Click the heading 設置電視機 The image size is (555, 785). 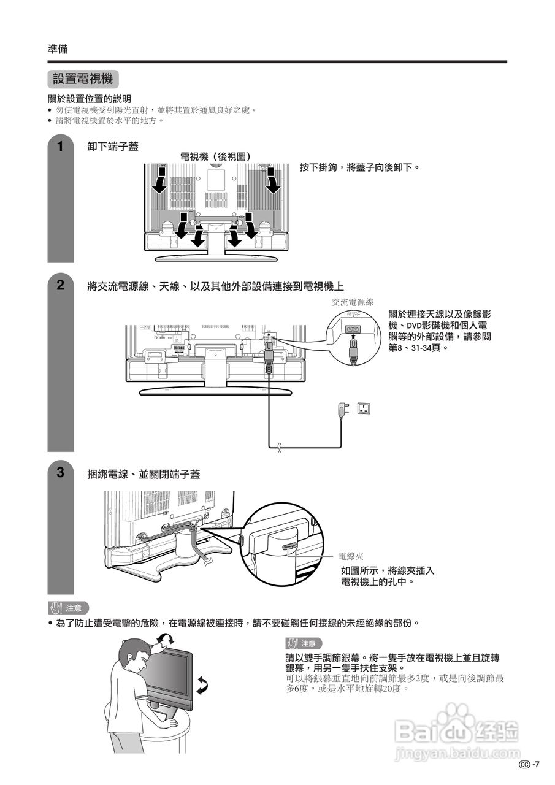83,79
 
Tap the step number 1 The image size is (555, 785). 60,147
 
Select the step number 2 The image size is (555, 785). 60,285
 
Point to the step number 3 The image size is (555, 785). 60,473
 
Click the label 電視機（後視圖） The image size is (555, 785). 215,157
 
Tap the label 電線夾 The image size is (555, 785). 351,556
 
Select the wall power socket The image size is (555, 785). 365,408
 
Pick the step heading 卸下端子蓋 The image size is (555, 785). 113,147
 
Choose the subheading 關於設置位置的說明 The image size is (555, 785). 90,99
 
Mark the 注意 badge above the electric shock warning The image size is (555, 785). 69,608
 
